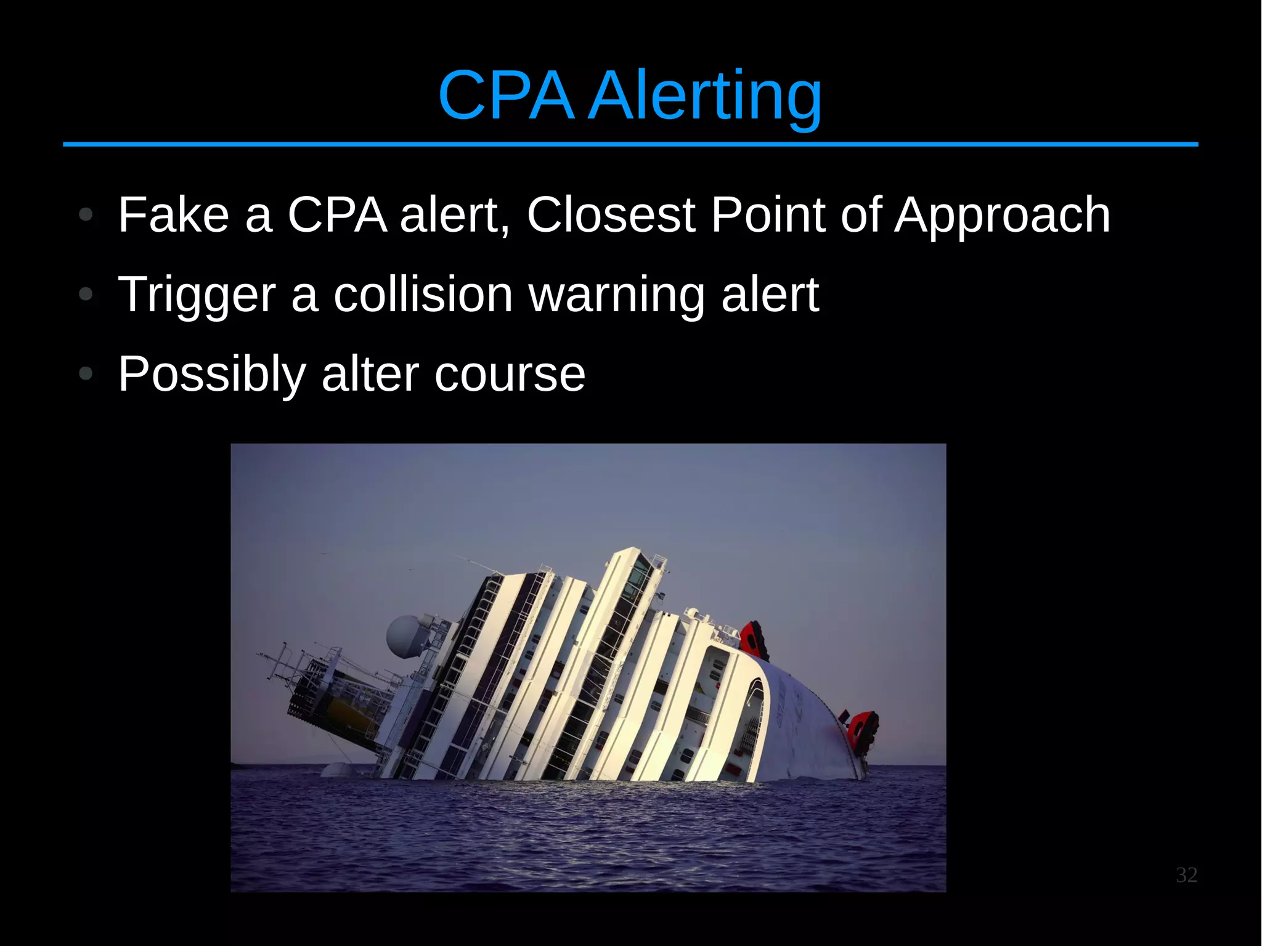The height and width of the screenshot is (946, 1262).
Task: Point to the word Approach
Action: [1002, 216]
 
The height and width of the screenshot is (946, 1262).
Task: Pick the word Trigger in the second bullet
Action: [196, 295]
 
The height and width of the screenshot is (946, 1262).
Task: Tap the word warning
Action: [616, 295]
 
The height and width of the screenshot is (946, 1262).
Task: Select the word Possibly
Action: [212, 375]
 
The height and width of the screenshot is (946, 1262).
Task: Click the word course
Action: [510, 374]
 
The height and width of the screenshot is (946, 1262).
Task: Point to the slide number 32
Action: [1186, 875]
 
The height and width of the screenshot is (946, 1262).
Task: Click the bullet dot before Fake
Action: [86, 215]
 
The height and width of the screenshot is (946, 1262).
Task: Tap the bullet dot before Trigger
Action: [86, 295]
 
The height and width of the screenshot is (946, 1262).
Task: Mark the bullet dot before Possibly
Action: [86, 373]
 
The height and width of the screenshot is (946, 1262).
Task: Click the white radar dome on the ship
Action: [405, 635]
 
